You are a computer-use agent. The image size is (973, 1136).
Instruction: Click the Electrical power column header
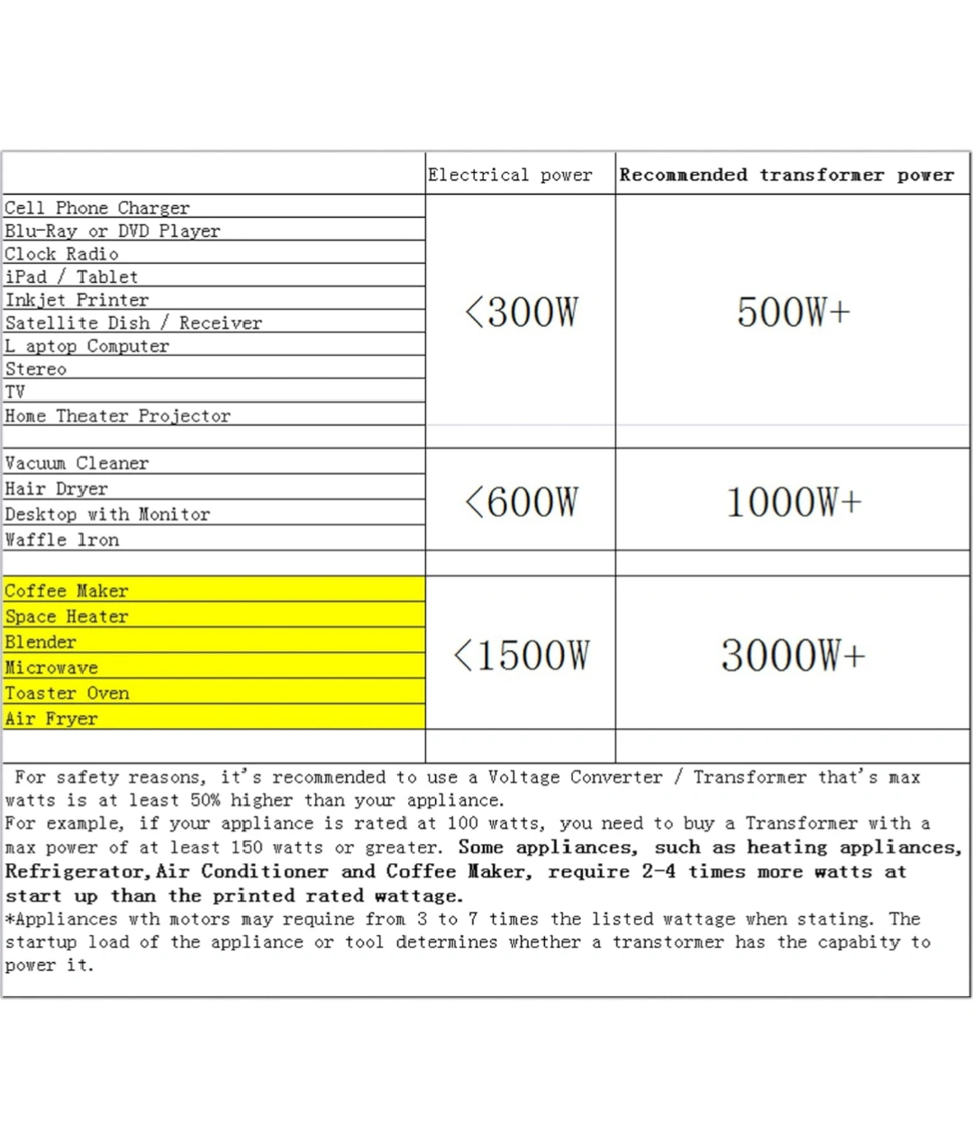pyautogui.click(x=510, y=175)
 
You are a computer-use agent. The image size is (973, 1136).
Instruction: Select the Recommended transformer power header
pyautogui.click(x=787, y=175)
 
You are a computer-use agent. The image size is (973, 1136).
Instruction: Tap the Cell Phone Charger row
pyautogui.click(x=97, y=207)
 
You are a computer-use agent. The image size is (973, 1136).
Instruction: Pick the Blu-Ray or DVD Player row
pyautogui.click(x=113, y=231)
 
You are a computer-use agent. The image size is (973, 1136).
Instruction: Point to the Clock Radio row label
pyautogui.click(x=61, y=254)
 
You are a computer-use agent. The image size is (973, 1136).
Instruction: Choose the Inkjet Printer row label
pyautogui.click(x=77, y=300)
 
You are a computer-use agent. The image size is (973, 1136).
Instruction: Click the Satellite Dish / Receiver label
pyautogui.click(x=133, y=323)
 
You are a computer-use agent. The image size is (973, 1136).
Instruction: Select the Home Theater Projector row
pyautogui.click(x=118, y=415)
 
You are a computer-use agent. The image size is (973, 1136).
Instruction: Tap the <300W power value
pyautogui.click(x=521, y=312)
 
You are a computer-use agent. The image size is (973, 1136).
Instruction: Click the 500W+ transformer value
pyautogui.click(x=793, y=312)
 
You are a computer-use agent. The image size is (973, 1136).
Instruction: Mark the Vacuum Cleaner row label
pyautogui.click(x=77, y=463)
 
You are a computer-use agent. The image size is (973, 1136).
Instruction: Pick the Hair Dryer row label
pyautogui.click(x=56, y=488)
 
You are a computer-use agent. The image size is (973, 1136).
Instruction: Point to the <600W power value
pyautogui.click(x=521, y=502)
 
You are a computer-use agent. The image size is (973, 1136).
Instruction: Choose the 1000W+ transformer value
pyautogui.click(x=793, y=502)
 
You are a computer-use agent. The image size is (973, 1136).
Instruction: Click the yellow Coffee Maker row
pyautogui.click(x=67, y=591)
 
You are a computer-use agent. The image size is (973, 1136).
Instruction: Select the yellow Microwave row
pyautogui.click(x=51, y=668)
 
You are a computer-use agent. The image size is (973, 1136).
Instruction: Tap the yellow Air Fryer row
pyautogui.click(x=50, y=719)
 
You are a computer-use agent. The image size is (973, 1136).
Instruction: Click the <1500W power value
pyautogui.click(x=521, y=655)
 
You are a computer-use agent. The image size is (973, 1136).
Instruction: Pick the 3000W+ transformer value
pyautogui.click(x=793, y=655)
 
